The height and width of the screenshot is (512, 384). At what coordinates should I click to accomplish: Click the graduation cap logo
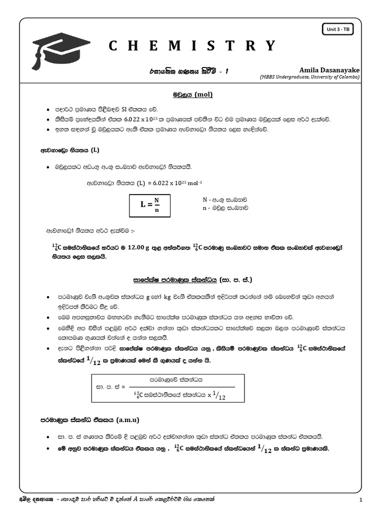[x=60, y=48]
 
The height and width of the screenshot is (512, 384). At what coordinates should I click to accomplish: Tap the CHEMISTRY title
[x=192, y=46]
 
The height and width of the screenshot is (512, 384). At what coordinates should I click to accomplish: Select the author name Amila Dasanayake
[x=329, y=70]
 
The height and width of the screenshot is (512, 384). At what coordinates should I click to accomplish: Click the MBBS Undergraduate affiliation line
[x=309, y=77]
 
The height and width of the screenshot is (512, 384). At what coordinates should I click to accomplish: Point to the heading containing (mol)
[x=192, y=94]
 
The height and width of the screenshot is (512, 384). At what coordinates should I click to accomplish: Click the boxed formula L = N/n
[x=149, y=205]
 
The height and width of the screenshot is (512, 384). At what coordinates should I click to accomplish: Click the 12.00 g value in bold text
[x=142, y=247]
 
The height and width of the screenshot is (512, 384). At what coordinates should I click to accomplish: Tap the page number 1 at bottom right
[x=360, y=500]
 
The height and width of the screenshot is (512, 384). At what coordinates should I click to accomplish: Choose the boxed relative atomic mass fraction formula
[x=167, y=387]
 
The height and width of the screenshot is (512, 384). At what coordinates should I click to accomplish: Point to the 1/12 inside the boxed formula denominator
[x=218, y=396]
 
